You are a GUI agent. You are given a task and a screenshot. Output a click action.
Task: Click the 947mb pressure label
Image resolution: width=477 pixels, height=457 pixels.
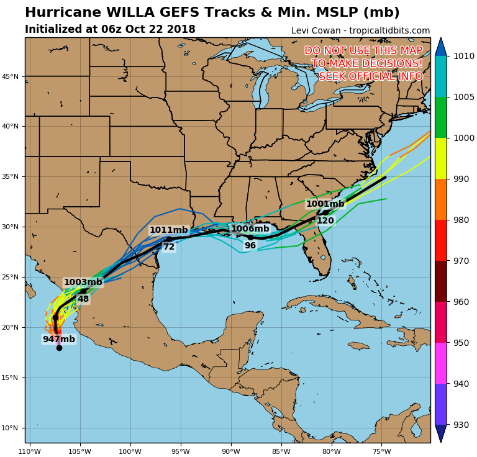(58, 339)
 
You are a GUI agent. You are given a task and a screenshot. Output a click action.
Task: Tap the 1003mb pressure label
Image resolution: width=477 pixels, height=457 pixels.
(83, 282)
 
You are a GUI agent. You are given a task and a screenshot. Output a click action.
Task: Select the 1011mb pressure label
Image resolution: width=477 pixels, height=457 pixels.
(168, 230)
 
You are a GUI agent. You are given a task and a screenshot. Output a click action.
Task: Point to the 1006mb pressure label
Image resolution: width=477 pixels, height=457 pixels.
(250, 228)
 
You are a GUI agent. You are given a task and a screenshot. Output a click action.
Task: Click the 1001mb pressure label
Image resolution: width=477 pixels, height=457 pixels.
(325, 204)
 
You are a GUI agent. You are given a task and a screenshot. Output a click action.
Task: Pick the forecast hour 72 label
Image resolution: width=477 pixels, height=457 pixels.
(169, 247)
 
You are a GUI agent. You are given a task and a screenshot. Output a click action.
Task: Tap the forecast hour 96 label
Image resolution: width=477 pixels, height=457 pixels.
(250, 245)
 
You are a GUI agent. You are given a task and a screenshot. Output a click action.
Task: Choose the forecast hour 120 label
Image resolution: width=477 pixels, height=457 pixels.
(325, 220)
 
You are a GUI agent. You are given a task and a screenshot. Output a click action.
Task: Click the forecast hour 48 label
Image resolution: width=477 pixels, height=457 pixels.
(83, 299)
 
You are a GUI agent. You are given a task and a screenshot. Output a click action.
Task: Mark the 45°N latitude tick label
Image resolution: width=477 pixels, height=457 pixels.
(11, 76)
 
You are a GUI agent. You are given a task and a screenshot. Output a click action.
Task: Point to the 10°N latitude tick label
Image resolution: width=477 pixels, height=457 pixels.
(11, 428)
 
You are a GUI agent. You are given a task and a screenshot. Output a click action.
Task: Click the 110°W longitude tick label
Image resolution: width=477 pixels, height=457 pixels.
(30, 451)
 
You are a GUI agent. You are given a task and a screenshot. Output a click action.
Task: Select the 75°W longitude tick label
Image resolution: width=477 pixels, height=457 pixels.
(381, 451)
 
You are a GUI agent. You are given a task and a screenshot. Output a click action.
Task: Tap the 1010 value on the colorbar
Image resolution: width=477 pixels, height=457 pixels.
(463, 56)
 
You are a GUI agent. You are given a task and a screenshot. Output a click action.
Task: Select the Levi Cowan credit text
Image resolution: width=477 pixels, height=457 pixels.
(360, 30)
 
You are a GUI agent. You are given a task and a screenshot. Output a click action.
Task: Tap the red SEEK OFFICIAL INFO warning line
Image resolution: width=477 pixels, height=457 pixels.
(370, 76)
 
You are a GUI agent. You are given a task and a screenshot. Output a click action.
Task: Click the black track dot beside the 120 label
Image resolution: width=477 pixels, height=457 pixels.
(325, 212)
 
